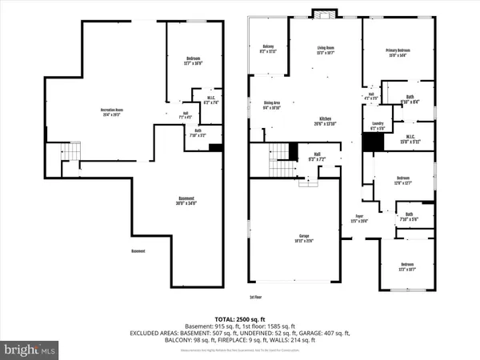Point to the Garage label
pyautogui.click(x=304, y=238)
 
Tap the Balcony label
pyautogui.click(x=269, y=51)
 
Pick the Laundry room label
pyautogui.click(x=378, y=125)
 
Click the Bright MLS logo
pyautogui.click(x=30, y=350)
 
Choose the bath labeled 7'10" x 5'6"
pyautogui.click(x=409, y=216)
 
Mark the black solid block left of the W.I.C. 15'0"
pyautogui.click(x=370, y=142)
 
